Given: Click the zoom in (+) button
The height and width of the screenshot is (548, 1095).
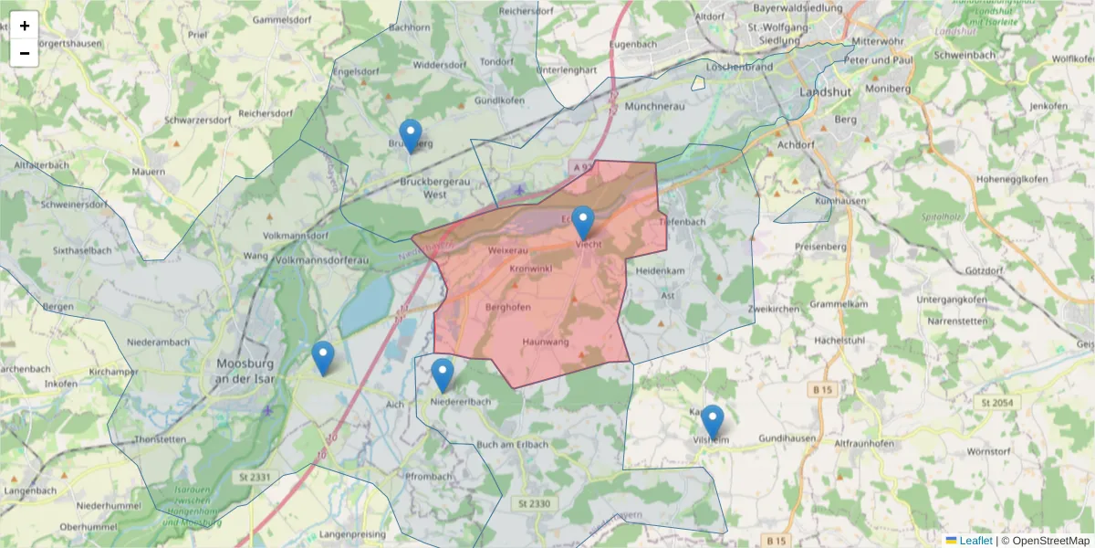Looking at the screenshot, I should pyautogui.click(x=25, y=26).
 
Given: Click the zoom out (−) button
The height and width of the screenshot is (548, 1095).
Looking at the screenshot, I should pyautogui.click(x=25, y=53).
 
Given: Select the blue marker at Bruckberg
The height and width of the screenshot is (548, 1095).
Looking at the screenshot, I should pyautogui.click(x=411, y=136).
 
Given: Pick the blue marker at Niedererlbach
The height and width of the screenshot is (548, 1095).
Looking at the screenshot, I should pyautogui.click(x=443, y=375).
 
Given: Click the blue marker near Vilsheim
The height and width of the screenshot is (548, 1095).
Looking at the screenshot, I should pyautogui.click(x=712, y=422).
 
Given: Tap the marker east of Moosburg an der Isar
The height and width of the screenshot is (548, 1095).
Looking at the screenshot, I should pyautogui.click(x=322, y=358).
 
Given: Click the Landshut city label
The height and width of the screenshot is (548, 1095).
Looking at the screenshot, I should pyautogui.click(x=824, y=92).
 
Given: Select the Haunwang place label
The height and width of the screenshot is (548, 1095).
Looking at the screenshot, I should pyautogui.click(x=546, y=342).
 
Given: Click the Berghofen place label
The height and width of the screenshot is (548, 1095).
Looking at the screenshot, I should pyautogui.click(x=508, y=308).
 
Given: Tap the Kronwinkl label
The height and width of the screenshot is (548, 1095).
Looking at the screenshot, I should pyautogui.click(x=531, y=269).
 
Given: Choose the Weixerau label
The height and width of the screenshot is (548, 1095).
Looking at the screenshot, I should pyautogui.click(x=508, y=249).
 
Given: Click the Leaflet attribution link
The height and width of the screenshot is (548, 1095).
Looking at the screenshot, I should pyautogui.click(x=975, y=541).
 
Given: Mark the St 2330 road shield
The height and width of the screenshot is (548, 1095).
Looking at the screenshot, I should pyautogui.click(x=534, y=503).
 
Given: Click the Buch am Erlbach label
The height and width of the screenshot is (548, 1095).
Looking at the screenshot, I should pyautogui.click(x=513, y=445).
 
